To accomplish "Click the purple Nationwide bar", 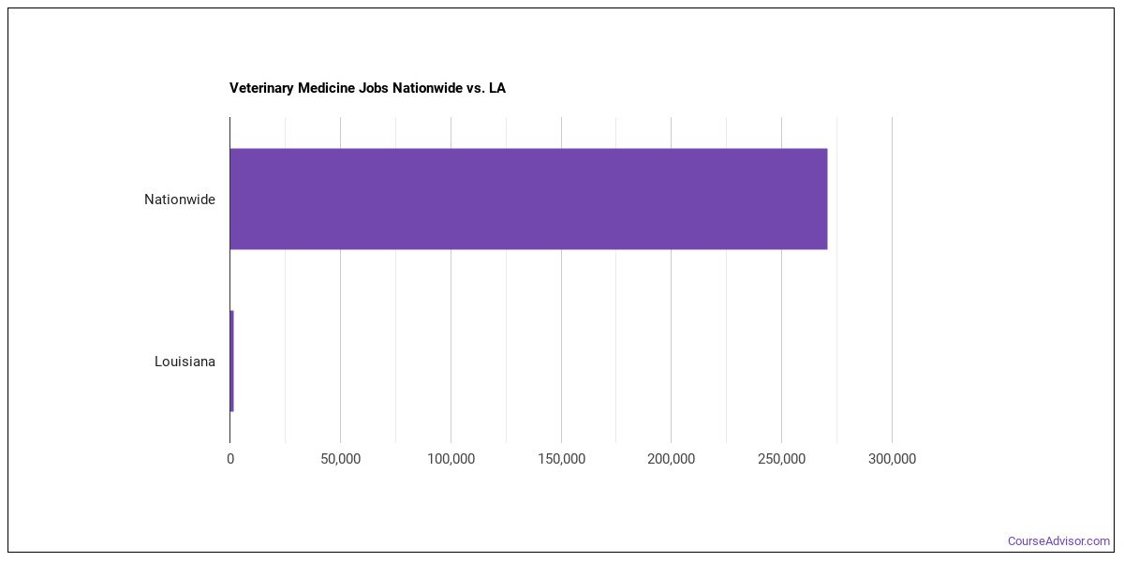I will [528, 199].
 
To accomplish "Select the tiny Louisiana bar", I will [231, 361].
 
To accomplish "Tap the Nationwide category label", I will [179, 200].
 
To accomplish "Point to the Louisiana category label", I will [185, 362].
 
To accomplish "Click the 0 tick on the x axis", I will [229, 459].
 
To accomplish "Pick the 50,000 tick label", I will [340, 459].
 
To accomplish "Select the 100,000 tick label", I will [451, 459].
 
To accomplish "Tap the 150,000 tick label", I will [561, 459].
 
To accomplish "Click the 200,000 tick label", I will [671, 459].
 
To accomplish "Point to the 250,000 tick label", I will [781, 459].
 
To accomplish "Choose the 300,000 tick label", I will [892, 459].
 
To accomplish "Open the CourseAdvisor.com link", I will [1058, 541].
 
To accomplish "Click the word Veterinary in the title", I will [261, 88].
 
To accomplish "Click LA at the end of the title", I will [496, 88].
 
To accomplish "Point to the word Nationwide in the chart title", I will [428, 88].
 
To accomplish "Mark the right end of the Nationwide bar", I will [825, 199].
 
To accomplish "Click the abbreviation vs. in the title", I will [475, 88].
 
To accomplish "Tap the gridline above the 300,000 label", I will [892, 281].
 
